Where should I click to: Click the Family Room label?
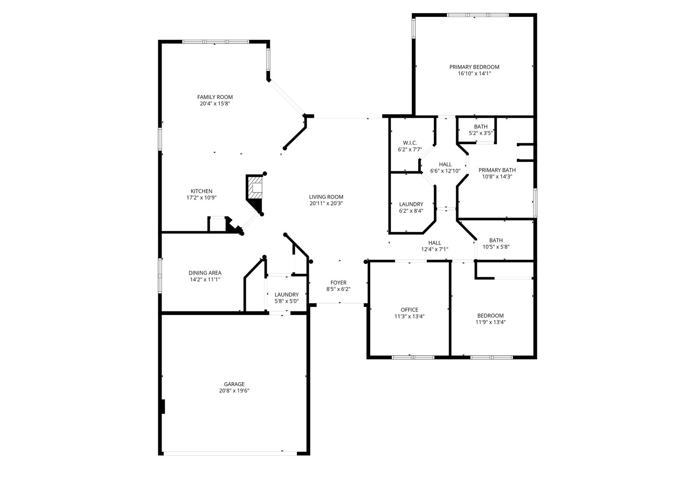pyautogui.click(x=215, y=97)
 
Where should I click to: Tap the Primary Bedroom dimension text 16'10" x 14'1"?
pyautogui.click(x=474, y=73)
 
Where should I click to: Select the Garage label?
pyautogui.click(x=234, y=384)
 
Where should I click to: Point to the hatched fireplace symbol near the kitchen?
pyautogui.click(x=255, y=187)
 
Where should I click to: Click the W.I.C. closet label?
pyautogui.click(x=410, y=143)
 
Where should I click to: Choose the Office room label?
pyautogui.click(x=409, y=310)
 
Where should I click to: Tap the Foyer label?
pyautogui.click(x=338, y=283)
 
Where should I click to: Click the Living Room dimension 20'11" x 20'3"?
pyautogui.click(x=326, y=204)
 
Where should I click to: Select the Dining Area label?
pyautogui.click(x=205, y=273)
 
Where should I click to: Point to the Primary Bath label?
pyautogui.click(x=497, y=170)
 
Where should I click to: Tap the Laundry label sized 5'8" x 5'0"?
pyautogui.click(x=286, y=294)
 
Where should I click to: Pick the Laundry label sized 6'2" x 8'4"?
pyautogui.click(x=411, y=204)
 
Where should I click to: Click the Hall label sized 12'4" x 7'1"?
pyautogui.click(x=435, y=243)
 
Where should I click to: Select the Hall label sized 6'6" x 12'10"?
pyautogui.click(x=445, y=165)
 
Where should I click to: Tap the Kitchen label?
pyautogui.click(x=202, y=191)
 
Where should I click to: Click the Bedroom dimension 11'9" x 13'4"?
pyautogui.click(x=490, y=322)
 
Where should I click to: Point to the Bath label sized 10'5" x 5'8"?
pyautogui.click(x=496, y=240)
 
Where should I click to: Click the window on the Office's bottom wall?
pyautogui.click(x=413, y=357)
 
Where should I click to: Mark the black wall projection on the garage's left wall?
pyautogui.click(x=163, y=406)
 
